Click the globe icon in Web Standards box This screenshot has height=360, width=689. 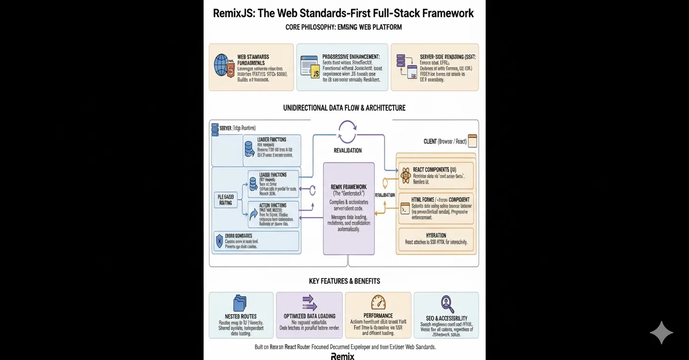[x=221, y=65]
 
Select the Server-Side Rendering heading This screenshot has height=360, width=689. [x=447, y=57]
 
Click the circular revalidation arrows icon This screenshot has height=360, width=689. [x=347, y=132]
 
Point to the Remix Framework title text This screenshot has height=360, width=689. [x=348, y=187]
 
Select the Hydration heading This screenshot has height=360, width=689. [x=436, y=235]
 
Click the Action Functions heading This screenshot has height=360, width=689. [x=273, y=205]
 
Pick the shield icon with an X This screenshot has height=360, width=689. [x=219, y=241]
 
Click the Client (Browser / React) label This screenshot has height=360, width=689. [x=445, y=141]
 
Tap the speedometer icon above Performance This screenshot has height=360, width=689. [x=378, y=302]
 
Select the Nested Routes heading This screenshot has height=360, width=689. [x=241, y=316]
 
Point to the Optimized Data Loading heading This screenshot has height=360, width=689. [x=309, y=316]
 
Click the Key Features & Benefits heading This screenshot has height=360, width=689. [x=344, y=281]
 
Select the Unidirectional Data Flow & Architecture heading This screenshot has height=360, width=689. [x=344, y=108]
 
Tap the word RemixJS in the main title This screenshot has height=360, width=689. [x=233, y=13]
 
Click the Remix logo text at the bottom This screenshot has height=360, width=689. [x=343, y=356]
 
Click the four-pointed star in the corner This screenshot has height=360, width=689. [x=661, y=333]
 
